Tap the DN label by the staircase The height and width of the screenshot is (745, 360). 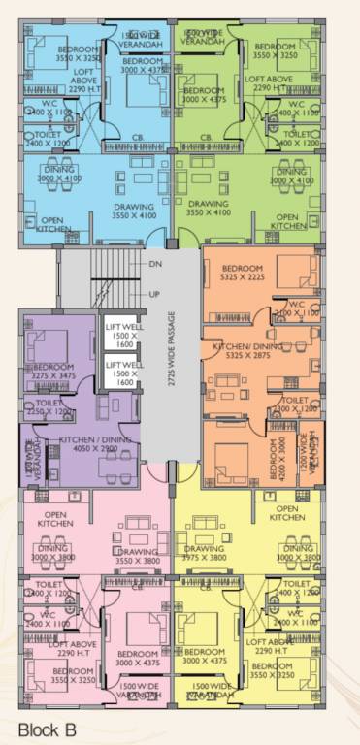point(155,264)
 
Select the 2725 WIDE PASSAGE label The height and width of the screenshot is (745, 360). point(173,349)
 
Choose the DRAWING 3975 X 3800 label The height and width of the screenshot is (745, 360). point(204,554)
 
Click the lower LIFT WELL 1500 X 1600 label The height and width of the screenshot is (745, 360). point(122,373)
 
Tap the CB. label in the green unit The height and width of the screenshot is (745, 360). point(206,137)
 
